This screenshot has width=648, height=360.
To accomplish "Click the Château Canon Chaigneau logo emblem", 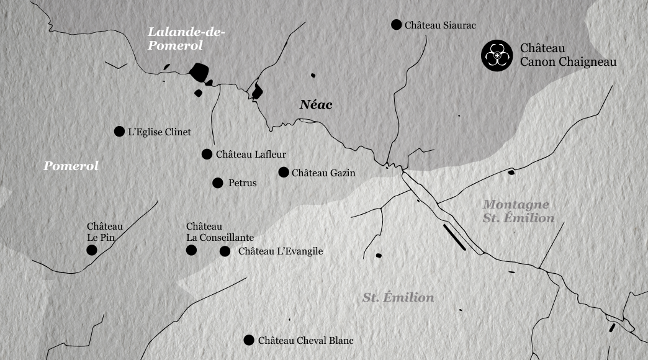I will coord(497,55).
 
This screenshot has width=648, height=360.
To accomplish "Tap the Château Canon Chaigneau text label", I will coord(568,55).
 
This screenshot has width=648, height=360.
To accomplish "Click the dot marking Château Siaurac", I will coord(396,25).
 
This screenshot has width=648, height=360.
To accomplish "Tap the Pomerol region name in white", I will coord(71,166).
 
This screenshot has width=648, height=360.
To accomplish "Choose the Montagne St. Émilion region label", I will coord(518,211).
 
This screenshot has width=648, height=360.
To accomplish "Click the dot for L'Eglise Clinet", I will coord(119,132).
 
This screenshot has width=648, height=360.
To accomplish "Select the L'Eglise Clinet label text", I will coord(160,132).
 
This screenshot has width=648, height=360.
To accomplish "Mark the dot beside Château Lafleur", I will coord(207,155).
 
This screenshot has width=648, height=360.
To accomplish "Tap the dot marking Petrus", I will coord(218,183).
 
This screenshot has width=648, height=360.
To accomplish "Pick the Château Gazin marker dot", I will coord(284,173).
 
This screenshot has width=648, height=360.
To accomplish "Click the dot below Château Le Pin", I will coord(92,250).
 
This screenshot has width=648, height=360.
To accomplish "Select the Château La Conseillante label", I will coord(220,232).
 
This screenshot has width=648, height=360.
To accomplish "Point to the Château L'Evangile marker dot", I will coord(225,251).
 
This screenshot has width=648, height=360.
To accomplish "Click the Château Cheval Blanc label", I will coord(305,341).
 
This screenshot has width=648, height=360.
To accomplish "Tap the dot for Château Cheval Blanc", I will coord(249,340).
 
